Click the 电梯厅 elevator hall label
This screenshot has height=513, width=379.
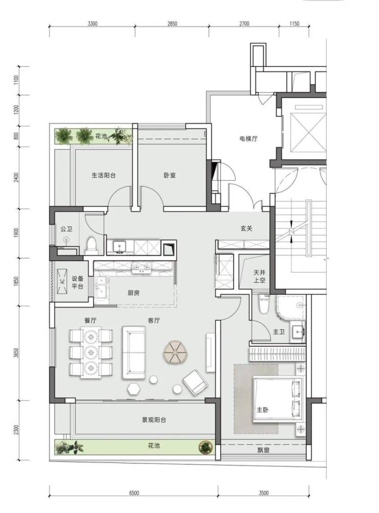coord(248,139)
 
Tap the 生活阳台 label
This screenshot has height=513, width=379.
coord(103,175)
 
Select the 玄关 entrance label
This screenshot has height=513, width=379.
coord(246,229)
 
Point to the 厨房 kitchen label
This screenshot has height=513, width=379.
coord(134,293)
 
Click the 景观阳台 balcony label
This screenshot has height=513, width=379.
coord(154,420)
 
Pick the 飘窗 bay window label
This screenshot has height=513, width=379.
coord(263,451)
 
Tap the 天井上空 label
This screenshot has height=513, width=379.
coord(260,277)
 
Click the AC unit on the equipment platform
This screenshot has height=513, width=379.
coord(62,281)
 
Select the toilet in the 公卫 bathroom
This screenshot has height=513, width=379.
coord(92,246)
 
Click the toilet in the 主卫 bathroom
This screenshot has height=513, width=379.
coord(264,304)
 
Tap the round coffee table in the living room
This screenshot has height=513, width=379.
coord(176,352)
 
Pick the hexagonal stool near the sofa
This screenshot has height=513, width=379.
coord(134,389)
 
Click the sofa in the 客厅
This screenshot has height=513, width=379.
coord(134,353)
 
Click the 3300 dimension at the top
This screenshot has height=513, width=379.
coord(93,24)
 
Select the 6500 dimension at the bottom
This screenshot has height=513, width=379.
coord(134,493)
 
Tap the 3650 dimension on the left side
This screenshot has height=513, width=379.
coord(17,353)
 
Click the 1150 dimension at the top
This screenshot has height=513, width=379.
coord(294,24)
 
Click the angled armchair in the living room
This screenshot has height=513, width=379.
coord(195,382)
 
